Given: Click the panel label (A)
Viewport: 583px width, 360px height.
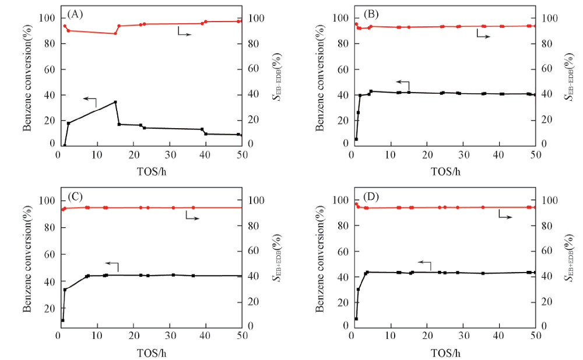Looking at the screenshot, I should [74, 13].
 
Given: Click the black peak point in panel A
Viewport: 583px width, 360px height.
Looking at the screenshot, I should [115, 102].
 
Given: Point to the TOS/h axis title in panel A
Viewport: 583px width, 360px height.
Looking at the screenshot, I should [150, 171].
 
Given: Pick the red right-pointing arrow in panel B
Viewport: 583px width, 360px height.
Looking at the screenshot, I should [483, 36].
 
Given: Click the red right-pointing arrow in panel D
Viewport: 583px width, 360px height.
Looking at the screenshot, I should [505, 217].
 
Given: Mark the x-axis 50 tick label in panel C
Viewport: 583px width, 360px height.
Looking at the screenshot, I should [242, 337].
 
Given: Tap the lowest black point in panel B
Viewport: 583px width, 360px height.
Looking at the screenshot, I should [356, 139].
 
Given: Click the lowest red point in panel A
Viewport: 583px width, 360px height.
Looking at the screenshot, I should [115, 33].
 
